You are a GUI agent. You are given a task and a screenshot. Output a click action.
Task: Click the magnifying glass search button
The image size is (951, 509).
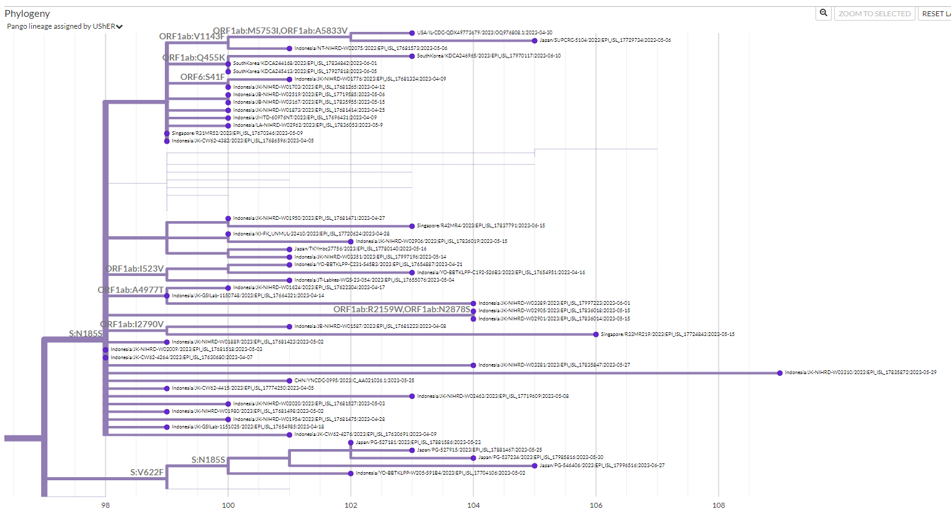pos(824,13)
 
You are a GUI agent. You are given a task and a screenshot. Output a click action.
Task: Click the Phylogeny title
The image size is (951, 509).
pos(27,14)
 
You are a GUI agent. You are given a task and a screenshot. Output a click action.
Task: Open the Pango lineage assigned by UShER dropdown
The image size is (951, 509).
pos(65,26)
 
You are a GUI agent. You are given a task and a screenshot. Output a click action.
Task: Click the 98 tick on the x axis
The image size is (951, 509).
pos(106,505)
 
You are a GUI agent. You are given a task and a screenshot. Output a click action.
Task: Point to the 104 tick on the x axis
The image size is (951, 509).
pos(473,505)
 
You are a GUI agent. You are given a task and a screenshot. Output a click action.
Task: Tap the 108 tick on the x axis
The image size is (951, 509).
pos(719,505)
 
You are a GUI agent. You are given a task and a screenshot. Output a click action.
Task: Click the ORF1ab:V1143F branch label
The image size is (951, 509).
pos(191,37)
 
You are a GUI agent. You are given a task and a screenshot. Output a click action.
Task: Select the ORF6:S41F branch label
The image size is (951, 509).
pos(202,77)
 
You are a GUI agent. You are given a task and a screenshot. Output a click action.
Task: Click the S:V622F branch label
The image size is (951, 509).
pos(147,473)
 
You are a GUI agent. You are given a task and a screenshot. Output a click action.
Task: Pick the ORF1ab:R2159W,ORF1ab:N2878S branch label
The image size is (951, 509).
pos(402,310)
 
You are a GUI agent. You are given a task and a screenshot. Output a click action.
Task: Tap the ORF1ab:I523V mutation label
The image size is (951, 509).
pos(135,269)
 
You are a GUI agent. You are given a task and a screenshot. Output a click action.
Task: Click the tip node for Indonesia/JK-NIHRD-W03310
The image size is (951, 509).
pos(780,373)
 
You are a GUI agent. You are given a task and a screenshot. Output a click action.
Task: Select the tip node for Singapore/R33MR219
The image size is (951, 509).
pos(596,335)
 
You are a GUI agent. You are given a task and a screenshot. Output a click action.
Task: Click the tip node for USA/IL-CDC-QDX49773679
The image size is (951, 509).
pos(412,33)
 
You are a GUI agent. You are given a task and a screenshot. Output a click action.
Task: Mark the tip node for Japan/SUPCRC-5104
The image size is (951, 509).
pos(535,41)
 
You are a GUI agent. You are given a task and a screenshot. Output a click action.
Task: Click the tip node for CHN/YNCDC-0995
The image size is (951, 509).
pos(289,380)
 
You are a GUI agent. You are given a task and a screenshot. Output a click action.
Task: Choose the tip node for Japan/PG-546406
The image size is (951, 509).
pos(535,466)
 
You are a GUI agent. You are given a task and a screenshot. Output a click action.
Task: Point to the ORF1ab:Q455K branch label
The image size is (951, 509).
pos(194,58)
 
